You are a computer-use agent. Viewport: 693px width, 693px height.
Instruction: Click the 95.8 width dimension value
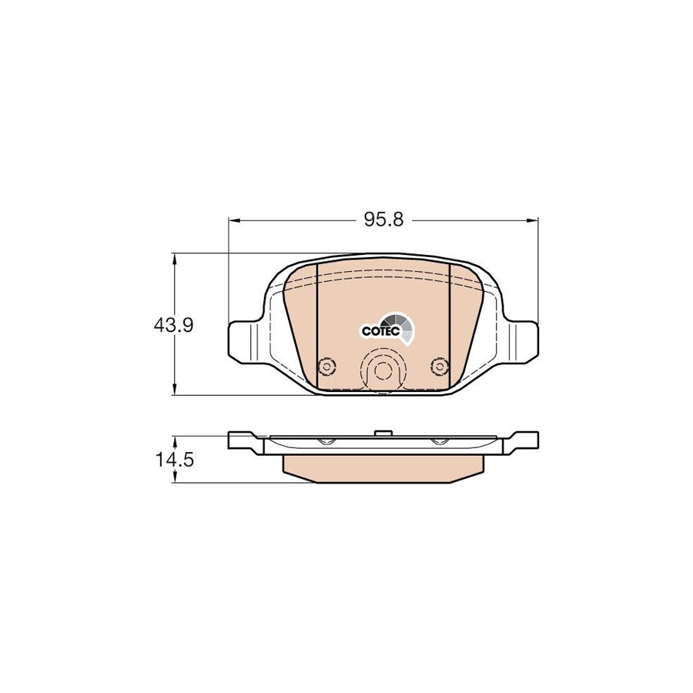point(383,219)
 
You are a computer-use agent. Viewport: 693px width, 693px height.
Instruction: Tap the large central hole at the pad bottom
point(382,370)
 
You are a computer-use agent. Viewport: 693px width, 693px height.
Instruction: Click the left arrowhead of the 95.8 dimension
point(235,220)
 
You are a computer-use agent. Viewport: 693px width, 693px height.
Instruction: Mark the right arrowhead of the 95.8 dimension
point(532,220)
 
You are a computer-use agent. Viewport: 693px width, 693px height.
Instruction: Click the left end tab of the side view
point(245,441)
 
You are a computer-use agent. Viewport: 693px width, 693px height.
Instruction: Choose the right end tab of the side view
point(522,441)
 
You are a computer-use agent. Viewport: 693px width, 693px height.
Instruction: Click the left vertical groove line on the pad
point(318,323)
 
